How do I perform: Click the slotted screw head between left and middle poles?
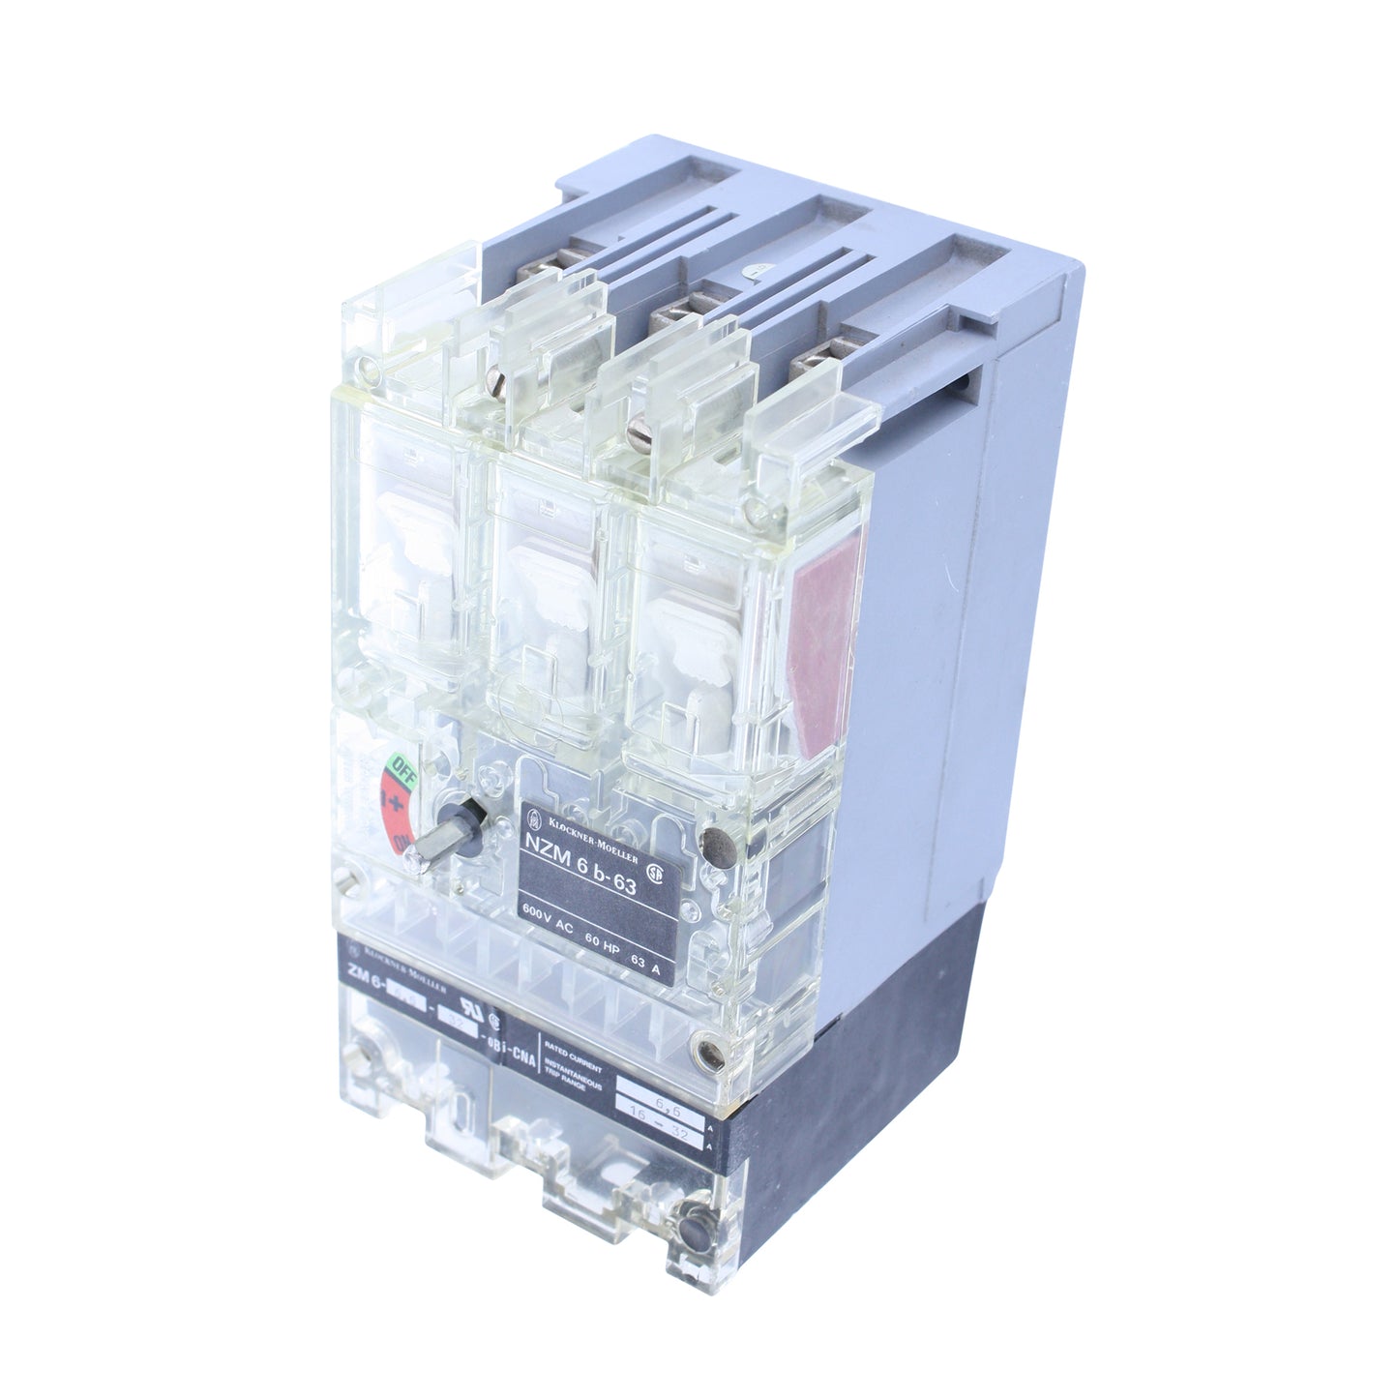pyautogui.click(x=498, y=372)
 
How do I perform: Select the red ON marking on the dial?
pyautogui.click(x=390, y=818)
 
